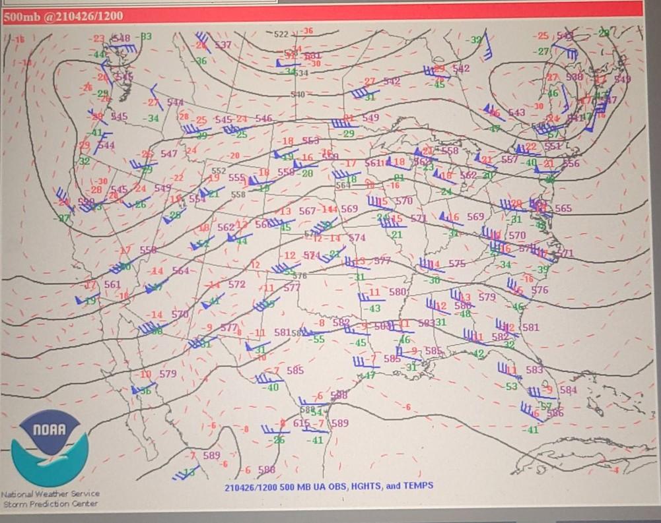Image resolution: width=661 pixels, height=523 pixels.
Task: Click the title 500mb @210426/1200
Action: (63, 16)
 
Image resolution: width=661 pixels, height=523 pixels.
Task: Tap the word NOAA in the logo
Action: (50, 430)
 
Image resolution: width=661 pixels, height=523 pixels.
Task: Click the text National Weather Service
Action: (51, 493)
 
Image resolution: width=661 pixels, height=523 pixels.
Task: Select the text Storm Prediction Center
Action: (51, 504)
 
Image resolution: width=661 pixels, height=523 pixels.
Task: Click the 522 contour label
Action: (281, 34)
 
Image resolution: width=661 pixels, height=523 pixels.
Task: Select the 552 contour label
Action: (219, 170)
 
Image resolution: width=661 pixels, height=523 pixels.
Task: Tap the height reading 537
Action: (223, 45)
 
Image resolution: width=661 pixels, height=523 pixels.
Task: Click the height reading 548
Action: (121, 38)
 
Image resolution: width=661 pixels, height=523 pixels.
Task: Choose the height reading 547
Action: (169, 154)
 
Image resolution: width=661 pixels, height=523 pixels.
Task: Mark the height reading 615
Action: (301, 423)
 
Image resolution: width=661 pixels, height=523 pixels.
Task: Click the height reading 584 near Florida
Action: (568, 390)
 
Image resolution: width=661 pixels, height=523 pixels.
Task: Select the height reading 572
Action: (236, 284)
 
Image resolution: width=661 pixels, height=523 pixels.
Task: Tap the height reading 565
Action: (563, 208)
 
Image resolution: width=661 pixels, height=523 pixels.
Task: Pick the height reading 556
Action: (571, 164)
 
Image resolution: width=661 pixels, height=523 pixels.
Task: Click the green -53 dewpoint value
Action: (511, 386)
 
